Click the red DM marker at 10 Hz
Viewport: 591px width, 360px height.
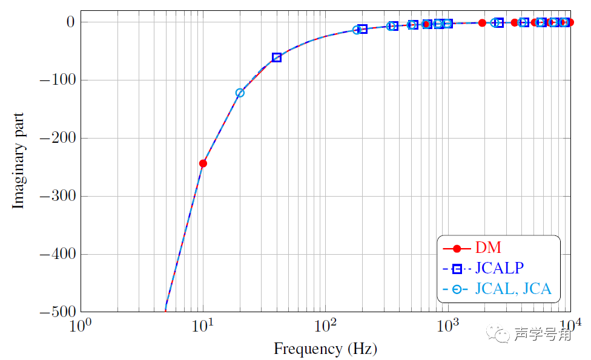pyautogui.click(x=203, y=163)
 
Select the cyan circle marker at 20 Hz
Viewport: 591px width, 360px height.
pyautogui.click(x=240, y=93)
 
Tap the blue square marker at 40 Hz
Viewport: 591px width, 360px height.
pyautogui.click(x=277, y=57)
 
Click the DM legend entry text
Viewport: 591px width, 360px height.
pyautogui.click(x=488, y=247)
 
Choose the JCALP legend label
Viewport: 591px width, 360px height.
pyautogui.click(x=499, y=268)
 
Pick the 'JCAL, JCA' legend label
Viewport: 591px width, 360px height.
pyautogui.click(x=513, y=289)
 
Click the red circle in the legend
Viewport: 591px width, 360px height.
pyautogui.click(x=458, y=248)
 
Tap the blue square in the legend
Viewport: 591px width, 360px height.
pyautogui.click(x=458, y=269)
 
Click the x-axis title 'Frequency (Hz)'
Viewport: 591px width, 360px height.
pyautogui.click(x=325, y=349)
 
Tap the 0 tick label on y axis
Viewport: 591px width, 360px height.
pyautogui.click(x=70, y=22)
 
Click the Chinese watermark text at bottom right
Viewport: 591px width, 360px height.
pyautogui.click(x=543, y=335)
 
